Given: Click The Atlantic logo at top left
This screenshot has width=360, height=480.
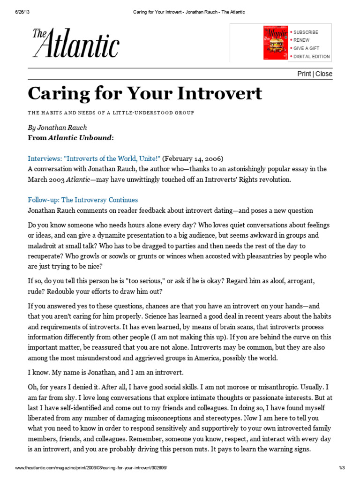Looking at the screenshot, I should pos(75,43).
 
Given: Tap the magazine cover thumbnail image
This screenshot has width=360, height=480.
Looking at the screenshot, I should pos(275,43).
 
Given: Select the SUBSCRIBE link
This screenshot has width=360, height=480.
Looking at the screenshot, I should pos(306,32).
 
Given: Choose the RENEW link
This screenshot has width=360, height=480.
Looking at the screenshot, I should pos(301,40).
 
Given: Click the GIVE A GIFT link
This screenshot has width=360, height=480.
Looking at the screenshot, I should pos(307,48).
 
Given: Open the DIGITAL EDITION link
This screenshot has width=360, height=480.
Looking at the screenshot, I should pos(311,57).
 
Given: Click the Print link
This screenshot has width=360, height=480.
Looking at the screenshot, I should pos(304,74).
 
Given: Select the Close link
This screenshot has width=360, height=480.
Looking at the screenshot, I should pos(324,74).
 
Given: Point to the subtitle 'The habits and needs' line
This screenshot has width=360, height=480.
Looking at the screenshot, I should pos(111,113).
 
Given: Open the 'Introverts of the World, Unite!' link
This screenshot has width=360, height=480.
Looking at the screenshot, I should pos(94,158).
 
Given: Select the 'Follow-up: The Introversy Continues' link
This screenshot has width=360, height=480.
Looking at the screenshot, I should pos(82,200).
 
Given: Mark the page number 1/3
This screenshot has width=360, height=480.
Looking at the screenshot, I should pos(341,468).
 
